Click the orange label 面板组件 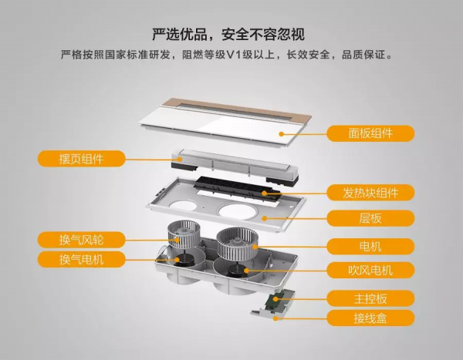[370, 133]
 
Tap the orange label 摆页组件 [81, 159]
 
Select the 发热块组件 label [370, 193]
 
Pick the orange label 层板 [370, 218]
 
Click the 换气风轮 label [81, 240]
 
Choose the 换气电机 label [81, 259]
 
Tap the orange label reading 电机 [370, 246]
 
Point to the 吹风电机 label [370, 270]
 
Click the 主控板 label [370, 298]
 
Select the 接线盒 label [370, 318]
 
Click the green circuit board [276, 301]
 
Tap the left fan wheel [184, 234]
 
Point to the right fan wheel [237, 244]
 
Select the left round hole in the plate [183, 205]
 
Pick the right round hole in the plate [237, 212]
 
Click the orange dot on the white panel [282, 134]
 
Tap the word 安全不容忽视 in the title [263, 34]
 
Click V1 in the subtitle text [234, 55]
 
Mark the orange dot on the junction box [275, 318]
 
